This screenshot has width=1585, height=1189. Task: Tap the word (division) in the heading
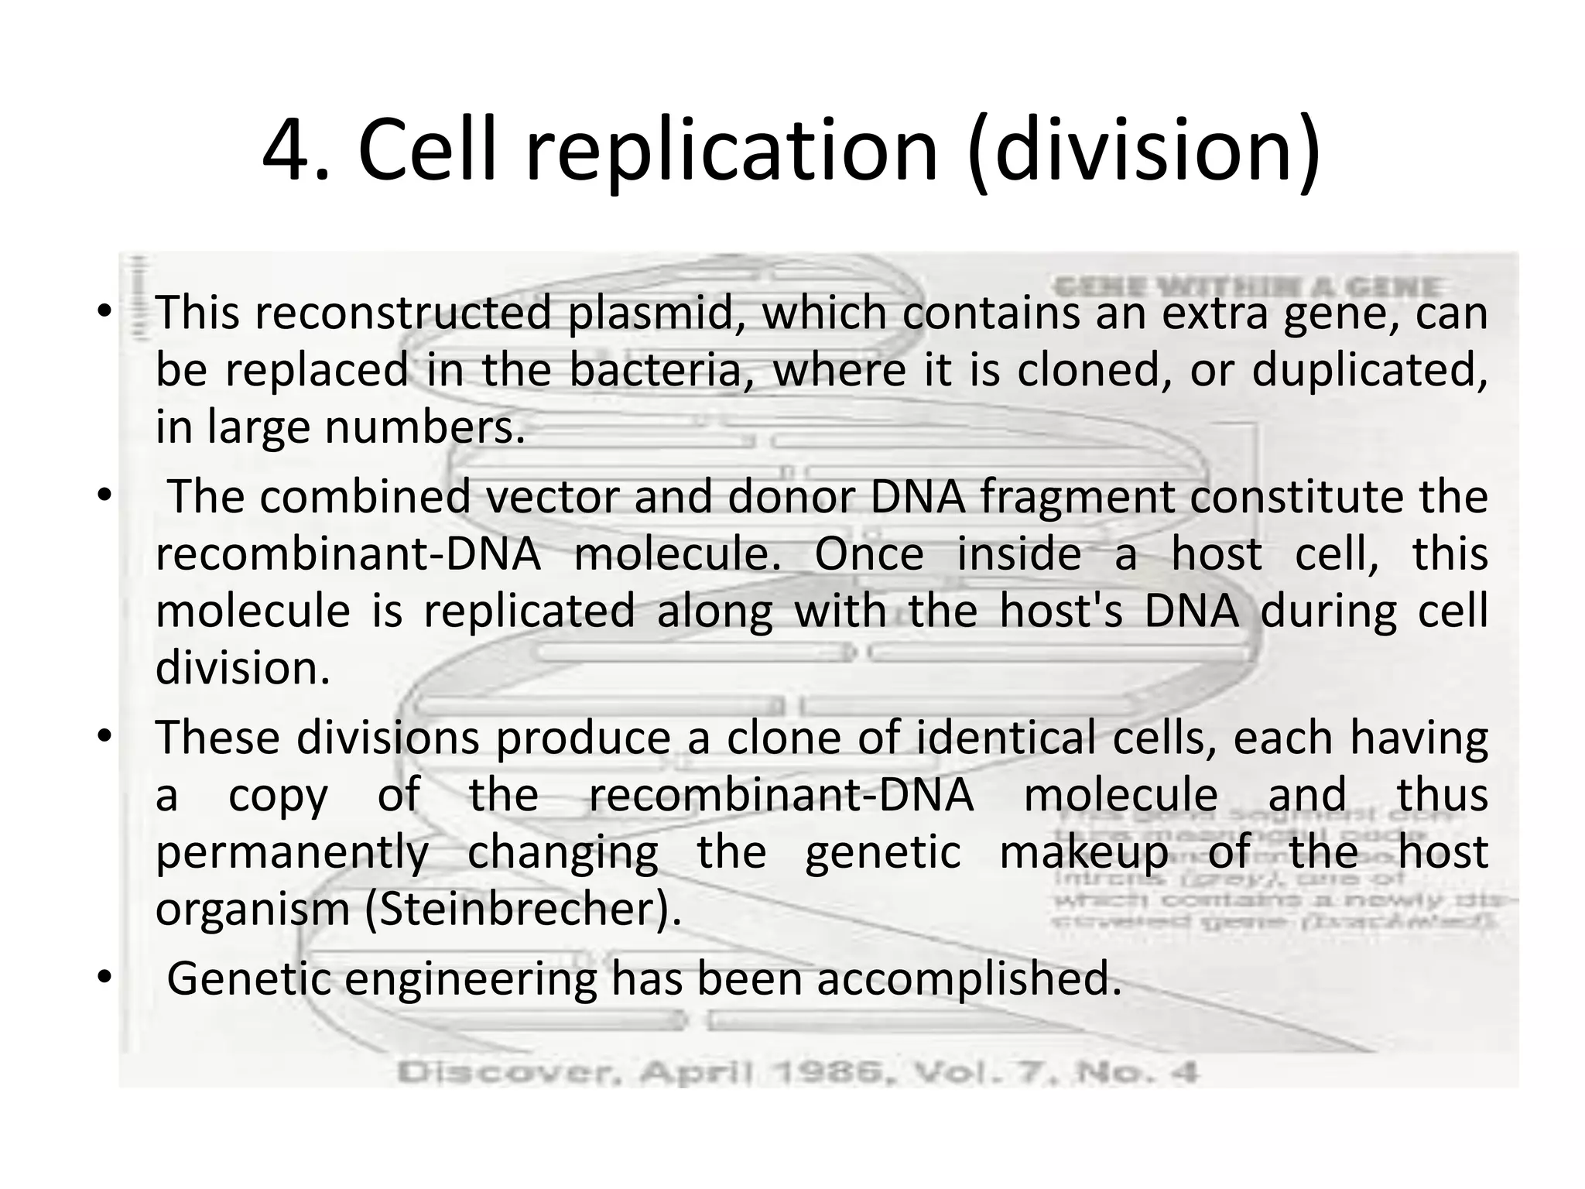pos(1144,149)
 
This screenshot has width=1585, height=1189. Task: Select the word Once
pos(869,554)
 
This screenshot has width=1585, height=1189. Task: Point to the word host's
pos(1061,611)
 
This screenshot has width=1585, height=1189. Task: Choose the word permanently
pos(292,853)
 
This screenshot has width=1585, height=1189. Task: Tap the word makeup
pos(1084,853)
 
